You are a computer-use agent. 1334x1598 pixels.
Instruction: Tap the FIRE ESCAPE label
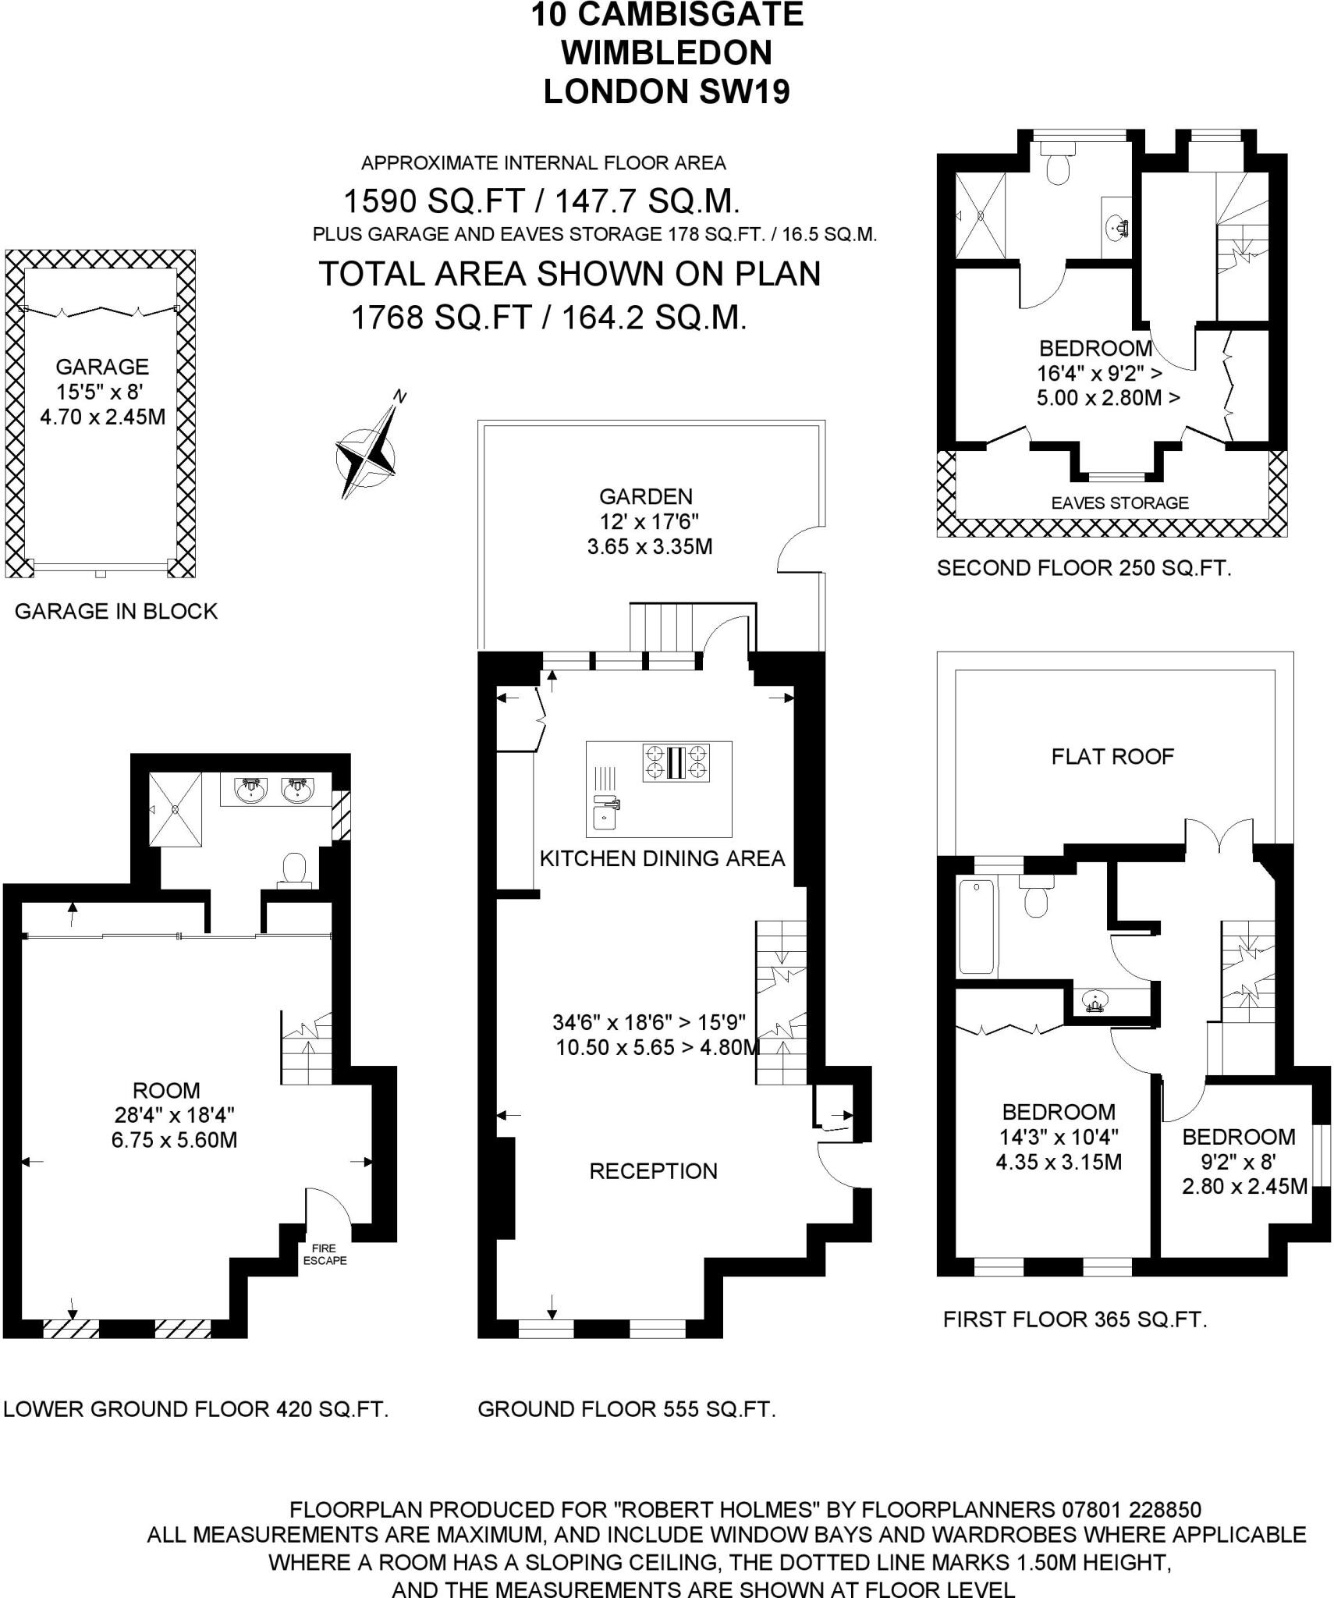[x=325, y=1254]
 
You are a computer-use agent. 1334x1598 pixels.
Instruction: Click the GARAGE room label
[x=102, y=367]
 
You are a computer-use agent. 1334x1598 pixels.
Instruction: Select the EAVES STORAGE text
[x=1119, y=503]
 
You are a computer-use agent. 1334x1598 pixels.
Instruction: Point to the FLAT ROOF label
[x=1112, y=756]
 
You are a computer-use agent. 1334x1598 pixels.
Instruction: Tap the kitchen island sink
[x=604, y=817]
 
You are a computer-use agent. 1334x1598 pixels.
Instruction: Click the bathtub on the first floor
[x=977, y=926]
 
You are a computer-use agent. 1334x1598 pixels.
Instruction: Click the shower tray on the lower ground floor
[x=176, y=808]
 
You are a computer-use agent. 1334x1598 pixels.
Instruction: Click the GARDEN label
[x=645, y=496]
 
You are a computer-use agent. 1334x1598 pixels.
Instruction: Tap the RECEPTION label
[x=653, y=1171]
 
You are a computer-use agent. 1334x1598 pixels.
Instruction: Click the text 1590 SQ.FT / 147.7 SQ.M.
[x=541, y=201]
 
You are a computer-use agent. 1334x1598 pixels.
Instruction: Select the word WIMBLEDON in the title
[x=666, y=53]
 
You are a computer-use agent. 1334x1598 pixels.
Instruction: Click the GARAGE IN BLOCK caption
[x=116, y=611]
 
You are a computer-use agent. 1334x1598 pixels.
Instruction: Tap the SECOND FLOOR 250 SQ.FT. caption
[x=1084, y=568]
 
